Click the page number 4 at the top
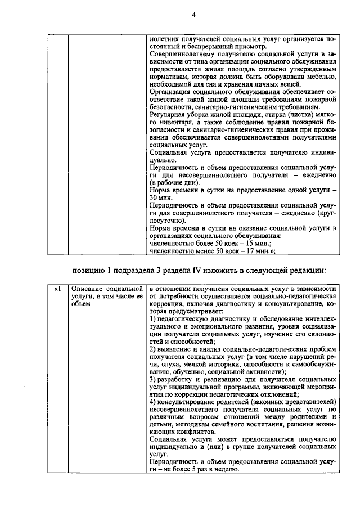point(192,15)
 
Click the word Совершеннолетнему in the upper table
point(179,53)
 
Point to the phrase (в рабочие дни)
point(174,183)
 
